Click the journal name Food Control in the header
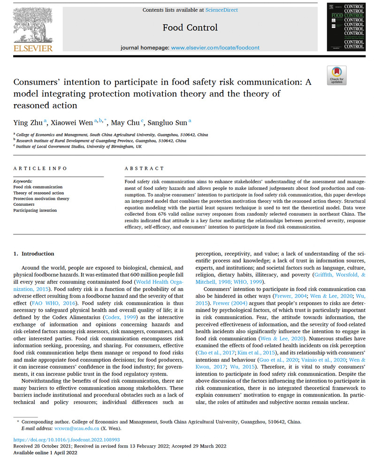190,28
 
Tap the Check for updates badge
336,75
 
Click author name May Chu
127,123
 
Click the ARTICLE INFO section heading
40,168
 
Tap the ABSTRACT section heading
145,168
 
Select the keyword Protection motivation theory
41,199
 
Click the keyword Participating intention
35,210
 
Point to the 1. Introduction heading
33,254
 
